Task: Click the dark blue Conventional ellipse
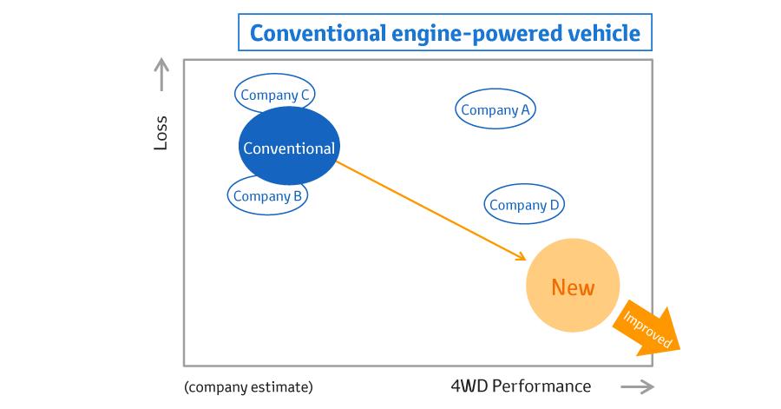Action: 289,146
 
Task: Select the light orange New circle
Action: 573,286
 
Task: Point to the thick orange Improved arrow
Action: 647,329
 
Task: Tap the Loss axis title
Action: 161,133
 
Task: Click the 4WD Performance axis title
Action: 521,386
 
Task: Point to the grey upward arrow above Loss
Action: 161,74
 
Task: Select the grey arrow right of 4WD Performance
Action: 638,386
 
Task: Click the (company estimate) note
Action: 248,387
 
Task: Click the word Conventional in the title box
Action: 318,33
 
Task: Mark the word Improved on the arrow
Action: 647,329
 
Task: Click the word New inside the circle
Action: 573,288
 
